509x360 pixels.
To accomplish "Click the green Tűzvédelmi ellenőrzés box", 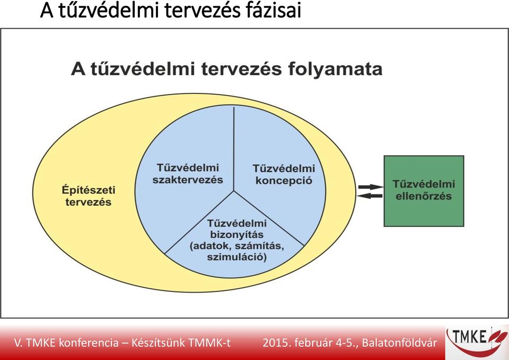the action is coord(424,191).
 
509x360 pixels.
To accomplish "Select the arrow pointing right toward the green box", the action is coord(371,187).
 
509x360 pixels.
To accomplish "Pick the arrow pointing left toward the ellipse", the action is coord(370,196).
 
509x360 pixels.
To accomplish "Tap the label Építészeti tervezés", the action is coord(89,196).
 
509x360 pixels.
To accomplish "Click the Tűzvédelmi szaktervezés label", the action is coord(188,174).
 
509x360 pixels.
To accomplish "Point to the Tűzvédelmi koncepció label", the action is coord(284,174).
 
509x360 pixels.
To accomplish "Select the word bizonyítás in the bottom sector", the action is coord(236,235).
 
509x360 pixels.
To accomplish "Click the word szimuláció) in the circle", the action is coord(236,257).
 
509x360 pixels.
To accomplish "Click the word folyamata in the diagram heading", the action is coord(335,69).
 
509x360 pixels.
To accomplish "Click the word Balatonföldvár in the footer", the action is coord(399,343).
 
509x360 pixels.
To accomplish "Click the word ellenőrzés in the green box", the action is coord(424,196).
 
